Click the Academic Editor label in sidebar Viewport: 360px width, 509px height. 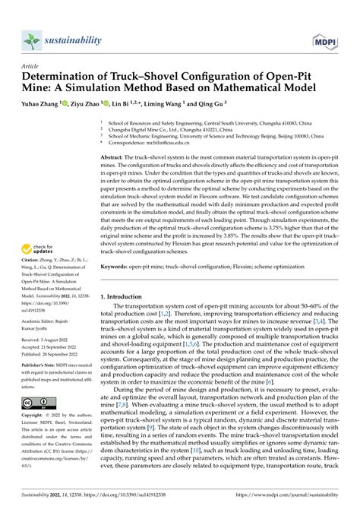tap(43, 311)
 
